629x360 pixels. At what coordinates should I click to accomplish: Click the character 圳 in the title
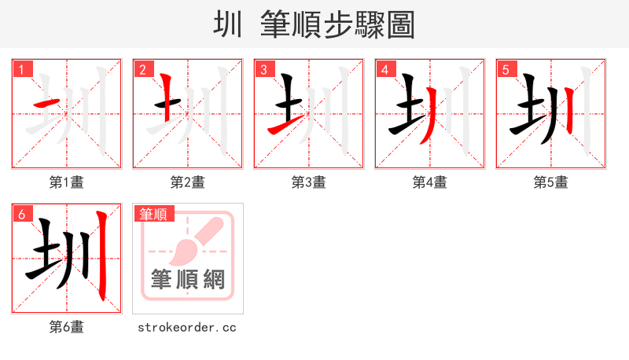[x=229, y=24]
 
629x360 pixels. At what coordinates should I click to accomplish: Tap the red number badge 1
[x=21, y=69]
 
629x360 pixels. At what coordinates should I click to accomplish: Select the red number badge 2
[x=142, y=69]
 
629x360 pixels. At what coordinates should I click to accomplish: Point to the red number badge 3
[x=263, y=69]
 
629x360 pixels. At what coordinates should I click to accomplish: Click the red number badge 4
[x=384, y=69]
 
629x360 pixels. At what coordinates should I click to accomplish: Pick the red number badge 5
[x=506, y=69]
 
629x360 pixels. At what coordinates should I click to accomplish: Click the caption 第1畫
[x=67, y=182]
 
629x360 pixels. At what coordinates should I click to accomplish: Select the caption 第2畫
[x=188, y=182]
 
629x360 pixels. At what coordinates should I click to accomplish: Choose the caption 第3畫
[x=309, y=182]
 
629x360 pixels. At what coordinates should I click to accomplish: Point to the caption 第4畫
[x=430, y=182]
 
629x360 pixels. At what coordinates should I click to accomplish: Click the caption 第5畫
[x=551, y=182]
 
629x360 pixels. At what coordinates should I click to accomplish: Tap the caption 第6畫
[x=67, y=327]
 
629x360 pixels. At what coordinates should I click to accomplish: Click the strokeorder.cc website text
[x=187, y=327]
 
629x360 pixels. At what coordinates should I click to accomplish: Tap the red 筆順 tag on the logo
[x=154, y=214]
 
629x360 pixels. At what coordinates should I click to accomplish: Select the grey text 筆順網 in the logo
[x=188, y=279]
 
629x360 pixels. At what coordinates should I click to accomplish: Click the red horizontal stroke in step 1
[x=45, y=104]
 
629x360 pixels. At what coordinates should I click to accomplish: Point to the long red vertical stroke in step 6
[x=101, y=255]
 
